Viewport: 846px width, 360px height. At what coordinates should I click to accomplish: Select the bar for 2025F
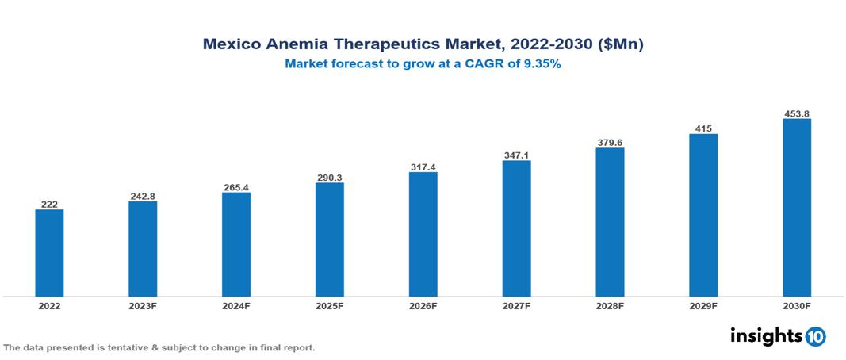click(329, 239)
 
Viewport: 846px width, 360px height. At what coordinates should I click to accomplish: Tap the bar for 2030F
click(796, 208)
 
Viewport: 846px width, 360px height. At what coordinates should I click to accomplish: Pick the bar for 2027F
click(516, 228)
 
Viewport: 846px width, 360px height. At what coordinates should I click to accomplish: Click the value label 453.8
click(796, 113)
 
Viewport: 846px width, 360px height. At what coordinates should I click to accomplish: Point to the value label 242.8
click(143, 196)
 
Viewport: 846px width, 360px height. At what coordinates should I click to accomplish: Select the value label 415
click(702, 128)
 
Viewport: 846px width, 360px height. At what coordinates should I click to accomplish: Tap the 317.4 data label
click(423, 167)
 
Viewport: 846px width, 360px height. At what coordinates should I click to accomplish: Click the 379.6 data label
click(610, 143)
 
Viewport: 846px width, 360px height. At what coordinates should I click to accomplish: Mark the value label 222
click(49, 204)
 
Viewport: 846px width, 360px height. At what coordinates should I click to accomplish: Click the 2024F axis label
click(235, 305)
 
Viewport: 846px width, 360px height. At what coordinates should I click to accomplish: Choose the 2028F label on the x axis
click(610, 305)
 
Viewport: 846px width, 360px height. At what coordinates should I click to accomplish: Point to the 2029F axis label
click(702, 305)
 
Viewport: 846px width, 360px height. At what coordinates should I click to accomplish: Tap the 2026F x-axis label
click(423, 305)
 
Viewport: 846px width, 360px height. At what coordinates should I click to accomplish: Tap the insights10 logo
click(778, 336)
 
